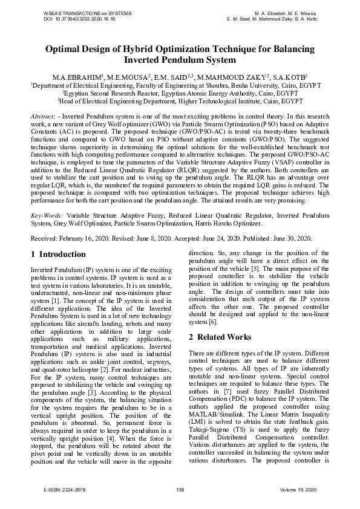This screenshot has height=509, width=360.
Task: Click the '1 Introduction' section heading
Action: point(58,254)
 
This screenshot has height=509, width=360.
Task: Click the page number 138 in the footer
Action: point(180,488)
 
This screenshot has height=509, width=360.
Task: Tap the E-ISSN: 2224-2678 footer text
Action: point(62,488)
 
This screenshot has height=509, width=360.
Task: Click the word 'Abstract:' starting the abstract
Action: point(44,115)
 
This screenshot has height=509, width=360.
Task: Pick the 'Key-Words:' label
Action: point(47,215)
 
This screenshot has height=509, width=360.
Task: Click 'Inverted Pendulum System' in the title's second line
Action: point(180,60)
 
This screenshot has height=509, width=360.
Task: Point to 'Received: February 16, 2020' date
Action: point(71,239)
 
